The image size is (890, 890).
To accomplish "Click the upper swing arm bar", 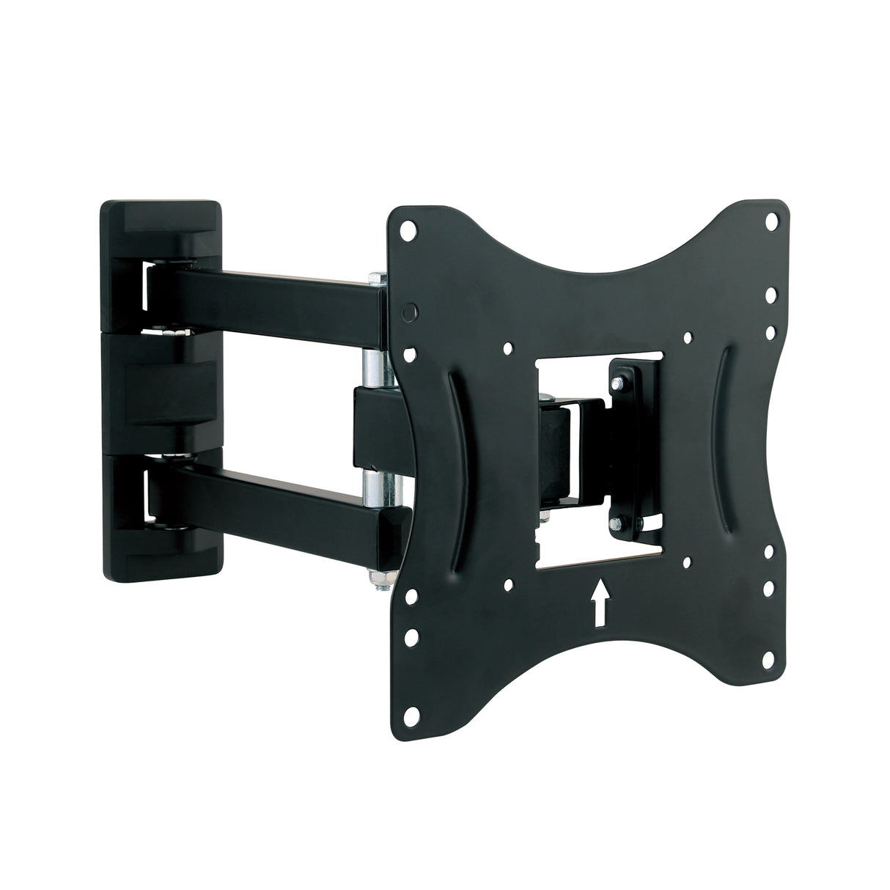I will (279, 293).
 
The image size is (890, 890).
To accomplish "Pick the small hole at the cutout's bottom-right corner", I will (686, 563).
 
